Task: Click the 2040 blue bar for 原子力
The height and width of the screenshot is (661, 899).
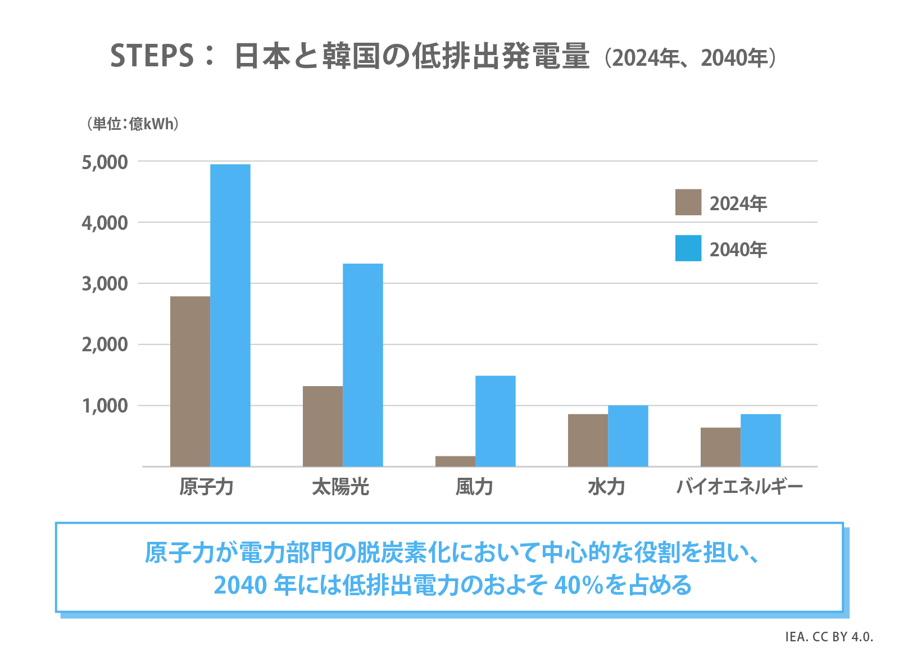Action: pos(230,315)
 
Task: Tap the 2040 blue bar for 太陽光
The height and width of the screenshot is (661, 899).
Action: pos(363,365)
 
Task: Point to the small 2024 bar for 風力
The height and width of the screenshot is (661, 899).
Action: pos(455,461)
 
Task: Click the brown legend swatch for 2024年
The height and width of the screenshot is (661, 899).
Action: pos(688,202)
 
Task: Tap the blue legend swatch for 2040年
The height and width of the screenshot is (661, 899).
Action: pos(688,248)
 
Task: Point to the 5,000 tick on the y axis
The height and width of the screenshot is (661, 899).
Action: pos(105,162)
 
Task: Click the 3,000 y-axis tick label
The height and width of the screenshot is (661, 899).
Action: pos(105,284)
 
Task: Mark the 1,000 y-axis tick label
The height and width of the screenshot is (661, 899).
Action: pos(105,406)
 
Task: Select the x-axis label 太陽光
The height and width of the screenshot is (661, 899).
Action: pos(340,487)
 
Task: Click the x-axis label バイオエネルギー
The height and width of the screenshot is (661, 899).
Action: pos(739,487)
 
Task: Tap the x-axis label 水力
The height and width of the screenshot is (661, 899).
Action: pos(607,487)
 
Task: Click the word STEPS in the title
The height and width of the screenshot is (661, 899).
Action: pos(152,56)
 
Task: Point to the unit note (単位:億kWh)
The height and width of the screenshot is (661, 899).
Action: pos(133,124)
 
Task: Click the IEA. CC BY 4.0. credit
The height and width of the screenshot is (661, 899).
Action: pos(829,637)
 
